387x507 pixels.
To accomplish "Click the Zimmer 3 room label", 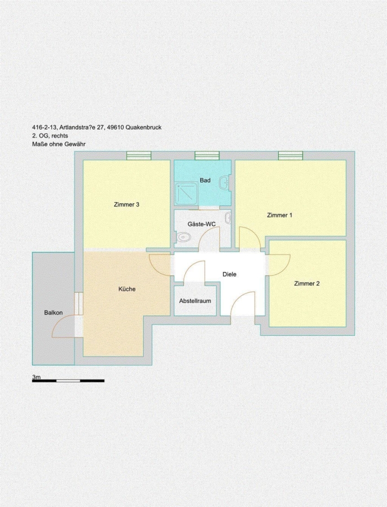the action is tap(126, 204).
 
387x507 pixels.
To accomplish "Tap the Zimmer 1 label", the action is tap(279, 215).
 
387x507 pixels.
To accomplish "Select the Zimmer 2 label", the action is tap(307, 283).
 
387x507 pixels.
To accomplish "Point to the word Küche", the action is tap(127, 289).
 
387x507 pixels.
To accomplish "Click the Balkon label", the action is tap(54, 313).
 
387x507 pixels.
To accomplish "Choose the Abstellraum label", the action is tap(195, 301).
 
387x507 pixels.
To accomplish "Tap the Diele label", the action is tap(229, 274).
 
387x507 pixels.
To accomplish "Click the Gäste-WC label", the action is tap(201, 224).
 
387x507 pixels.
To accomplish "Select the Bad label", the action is tap(205, 180).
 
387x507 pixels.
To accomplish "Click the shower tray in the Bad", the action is tap(186, 193).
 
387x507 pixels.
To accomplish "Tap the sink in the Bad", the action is tap(225, 183).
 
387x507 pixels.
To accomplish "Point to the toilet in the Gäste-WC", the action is tap(182, 237).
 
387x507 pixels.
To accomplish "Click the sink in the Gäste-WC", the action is tap(228, 218).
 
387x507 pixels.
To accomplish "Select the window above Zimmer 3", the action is tap(139, 156).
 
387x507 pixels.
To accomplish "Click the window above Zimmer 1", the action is tap(291, 156).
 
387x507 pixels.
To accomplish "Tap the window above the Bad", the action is tap(207, 156).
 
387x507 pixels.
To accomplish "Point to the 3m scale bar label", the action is tap(36, 377).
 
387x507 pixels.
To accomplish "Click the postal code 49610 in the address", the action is tap(115, 127).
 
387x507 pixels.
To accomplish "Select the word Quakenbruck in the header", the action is tap(143, 127).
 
